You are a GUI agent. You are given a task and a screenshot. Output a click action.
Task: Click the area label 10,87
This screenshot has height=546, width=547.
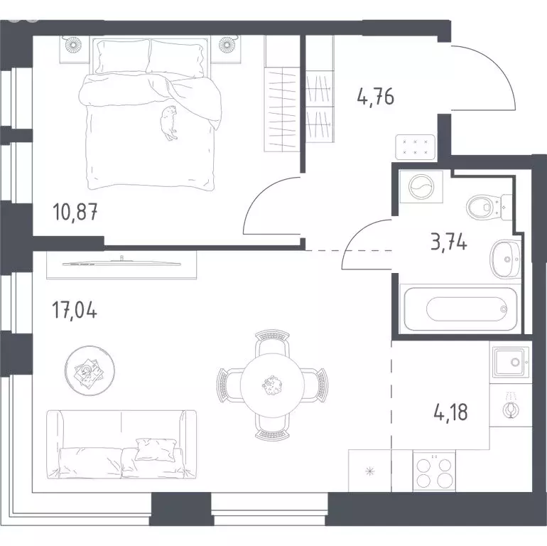[75, 212]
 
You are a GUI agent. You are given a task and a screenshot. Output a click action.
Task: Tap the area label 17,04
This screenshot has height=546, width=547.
[75, 310]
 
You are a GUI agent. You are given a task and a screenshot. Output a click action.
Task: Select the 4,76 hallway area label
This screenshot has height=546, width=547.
[376, 97]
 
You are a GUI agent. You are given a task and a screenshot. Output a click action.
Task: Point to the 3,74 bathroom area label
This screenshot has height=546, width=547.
[449, 242]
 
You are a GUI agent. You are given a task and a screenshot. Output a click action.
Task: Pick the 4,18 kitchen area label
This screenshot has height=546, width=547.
[450, 412]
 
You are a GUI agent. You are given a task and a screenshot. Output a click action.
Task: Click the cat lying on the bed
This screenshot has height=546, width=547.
[169, 122]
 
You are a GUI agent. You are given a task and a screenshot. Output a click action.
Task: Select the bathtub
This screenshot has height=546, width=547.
[460, 309]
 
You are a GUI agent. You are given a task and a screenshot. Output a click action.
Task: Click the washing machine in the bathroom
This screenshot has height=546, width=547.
[421, 186]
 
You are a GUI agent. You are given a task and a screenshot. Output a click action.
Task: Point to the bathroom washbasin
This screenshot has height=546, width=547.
[505, 259]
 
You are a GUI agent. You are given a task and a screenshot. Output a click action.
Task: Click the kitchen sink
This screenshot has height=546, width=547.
[510, 363]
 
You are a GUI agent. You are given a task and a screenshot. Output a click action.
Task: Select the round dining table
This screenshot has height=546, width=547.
[273, 385]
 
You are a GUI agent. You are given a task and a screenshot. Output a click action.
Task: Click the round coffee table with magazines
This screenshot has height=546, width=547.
[90, 370]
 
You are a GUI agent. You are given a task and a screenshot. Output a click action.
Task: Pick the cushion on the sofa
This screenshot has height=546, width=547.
[155, 449]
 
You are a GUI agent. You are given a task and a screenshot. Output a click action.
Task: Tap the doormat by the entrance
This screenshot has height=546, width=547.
[415, 147]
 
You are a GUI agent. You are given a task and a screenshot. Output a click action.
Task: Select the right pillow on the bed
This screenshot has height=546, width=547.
[175, 58]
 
